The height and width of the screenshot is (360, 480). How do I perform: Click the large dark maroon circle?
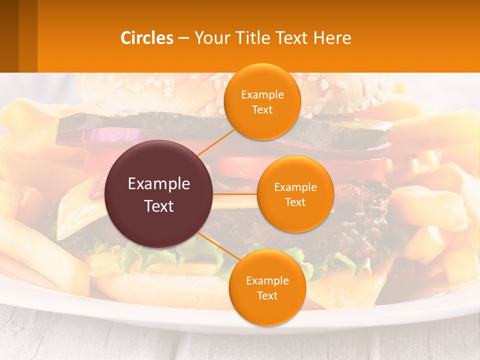pyautogui.click(x=159, y=194)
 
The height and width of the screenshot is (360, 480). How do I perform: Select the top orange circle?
pyautogui.click(x=262, y=101)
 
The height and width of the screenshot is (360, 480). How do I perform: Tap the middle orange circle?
pyautogui.click(x=295, y=194)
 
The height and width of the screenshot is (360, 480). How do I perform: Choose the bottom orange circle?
pyautogui.click(x=267, y=287)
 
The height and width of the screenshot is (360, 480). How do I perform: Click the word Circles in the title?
pyautogui.click(x=147, y=38)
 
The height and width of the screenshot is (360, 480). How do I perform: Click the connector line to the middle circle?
pyautogui.click(x=235, y=193)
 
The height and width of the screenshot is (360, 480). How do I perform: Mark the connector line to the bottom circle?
pyautogui.click(x=215, y=245)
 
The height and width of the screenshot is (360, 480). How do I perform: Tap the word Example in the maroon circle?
pyautogui.click(x=159, y=184)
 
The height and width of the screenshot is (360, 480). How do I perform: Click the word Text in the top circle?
pyautogui.click(x=262, y=109)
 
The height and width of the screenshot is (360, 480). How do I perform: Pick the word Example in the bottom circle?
pyautogui.click(x=267, y=280)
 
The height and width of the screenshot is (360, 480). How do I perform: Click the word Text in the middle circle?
pyautogui.click(x=295, y=202)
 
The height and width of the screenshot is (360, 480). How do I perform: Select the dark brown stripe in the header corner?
pyautogui.click(x=9, y=36)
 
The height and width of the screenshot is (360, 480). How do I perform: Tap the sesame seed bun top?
pyautogui.click(x=150, y=92)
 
